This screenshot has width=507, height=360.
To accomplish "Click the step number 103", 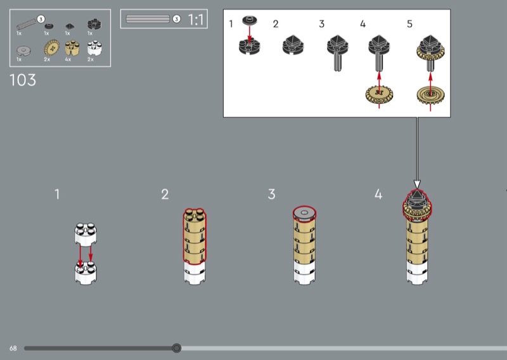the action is [x=23, y=80].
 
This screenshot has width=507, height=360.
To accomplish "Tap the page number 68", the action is [x=13, y=348].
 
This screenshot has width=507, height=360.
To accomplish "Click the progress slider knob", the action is [x=177, y=348].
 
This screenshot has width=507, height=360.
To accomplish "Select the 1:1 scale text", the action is [x=196, y=20].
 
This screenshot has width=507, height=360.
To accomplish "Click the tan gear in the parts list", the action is [x=51, y=48].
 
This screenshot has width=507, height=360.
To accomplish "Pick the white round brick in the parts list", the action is [x=94, y=48].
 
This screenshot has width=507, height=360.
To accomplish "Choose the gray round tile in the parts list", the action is [x=23, y=51].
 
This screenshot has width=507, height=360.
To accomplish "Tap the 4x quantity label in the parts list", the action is [x=68, y=60].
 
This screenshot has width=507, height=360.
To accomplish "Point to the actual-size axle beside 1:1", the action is [x=148, y=19].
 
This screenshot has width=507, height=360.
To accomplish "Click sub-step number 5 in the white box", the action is [x=409, y=24].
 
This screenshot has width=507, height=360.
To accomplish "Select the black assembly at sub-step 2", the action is [x=293, y=45].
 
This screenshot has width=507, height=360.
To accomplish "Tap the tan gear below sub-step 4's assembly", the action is [x=379, y=94].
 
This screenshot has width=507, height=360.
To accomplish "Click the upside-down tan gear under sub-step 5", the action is [x=430, y=95].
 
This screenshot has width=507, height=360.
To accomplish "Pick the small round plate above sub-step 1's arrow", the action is [x=250, y=20].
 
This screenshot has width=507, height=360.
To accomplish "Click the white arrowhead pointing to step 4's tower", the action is [x=417, y=184].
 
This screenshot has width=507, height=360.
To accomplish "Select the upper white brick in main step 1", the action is [x=86, y=233].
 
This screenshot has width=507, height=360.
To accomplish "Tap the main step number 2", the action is [x=165, y=195].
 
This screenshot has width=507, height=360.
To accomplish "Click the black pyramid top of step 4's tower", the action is [x=417, y=195].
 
